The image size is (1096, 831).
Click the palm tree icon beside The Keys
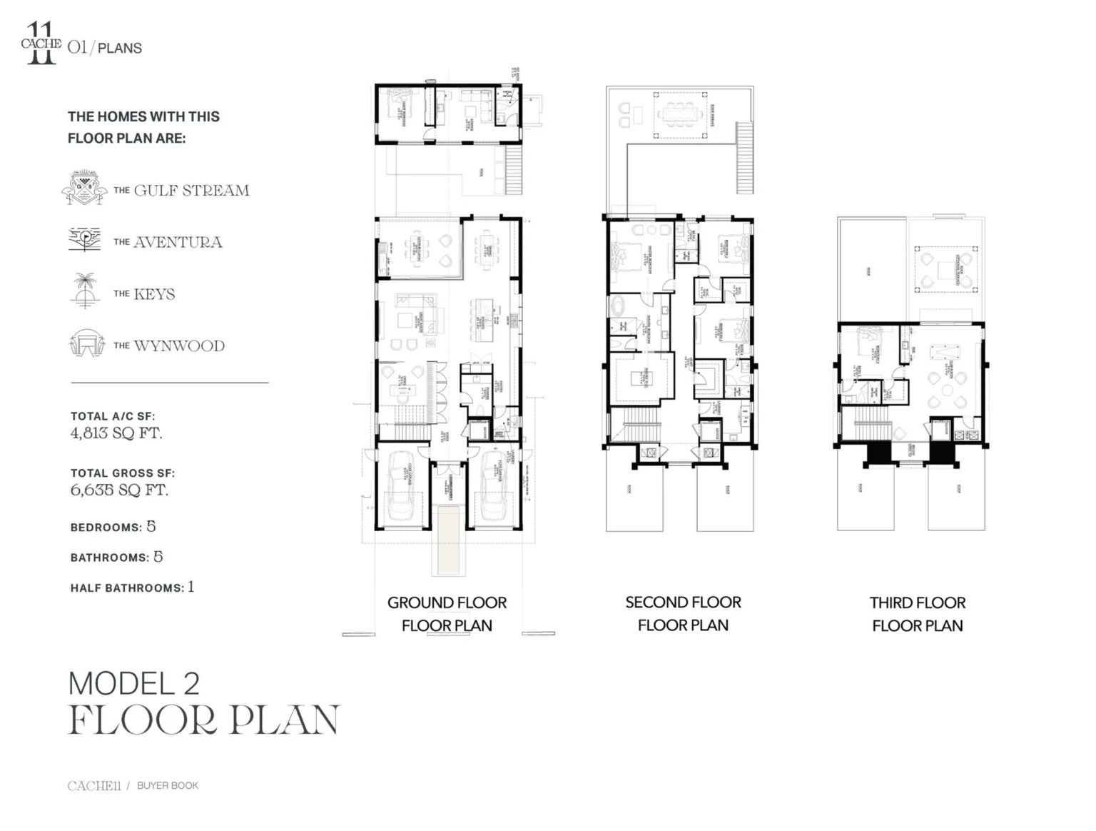85,291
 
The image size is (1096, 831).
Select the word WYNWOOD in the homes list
179,346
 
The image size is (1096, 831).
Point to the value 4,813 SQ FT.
116,433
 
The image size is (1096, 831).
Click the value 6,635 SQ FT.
119,490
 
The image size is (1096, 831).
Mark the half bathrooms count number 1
191,587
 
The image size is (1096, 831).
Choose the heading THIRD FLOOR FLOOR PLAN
917,614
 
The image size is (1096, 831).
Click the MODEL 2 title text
133,684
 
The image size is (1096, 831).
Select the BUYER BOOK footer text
168,785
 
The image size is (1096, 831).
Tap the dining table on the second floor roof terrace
682,114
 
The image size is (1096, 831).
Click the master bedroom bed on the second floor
628,256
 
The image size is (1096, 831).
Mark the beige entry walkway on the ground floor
447,538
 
